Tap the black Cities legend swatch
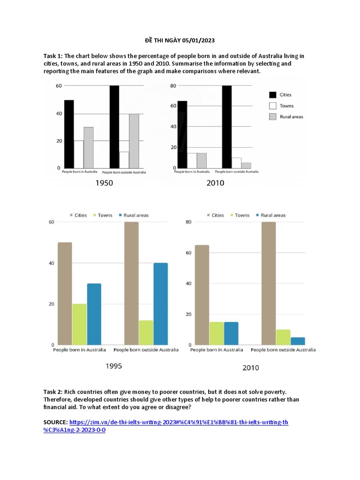click(272, 95)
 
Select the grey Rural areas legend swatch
click(272, 116)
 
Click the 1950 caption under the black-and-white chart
click(104, 183)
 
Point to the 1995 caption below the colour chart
click(113, 366)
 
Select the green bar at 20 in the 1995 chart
click(79, 324)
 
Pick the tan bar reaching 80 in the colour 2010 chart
click(269, 283)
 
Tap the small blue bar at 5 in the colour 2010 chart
click(298, 341)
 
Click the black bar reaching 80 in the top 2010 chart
click(227, 127)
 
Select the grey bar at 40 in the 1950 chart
click(135, 141)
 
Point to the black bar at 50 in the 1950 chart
click(69, 134)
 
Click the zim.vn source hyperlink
click(178, 422)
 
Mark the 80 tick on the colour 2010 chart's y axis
click(188, 222)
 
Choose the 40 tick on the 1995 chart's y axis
click(51, 263)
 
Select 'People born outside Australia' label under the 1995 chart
click(146, 350)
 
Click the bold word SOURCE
click(55, 422)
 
